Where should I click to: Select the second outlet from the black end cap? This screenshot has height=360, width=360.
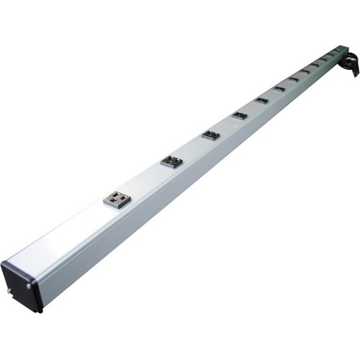click(171, 161)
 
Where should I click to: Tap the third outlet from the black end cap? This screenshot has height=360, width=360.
click(210, 135)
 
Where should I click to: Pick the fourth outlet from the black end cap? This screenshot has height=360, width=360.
click(240, 115)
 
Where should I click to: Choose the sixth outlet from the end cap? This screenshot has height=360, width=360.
click(279, 89)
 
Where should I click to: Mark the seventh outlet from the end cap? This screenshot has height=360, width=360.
click(294, 78)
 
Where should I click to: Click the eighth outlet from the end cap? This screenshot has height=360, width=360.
click(305, 71)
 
